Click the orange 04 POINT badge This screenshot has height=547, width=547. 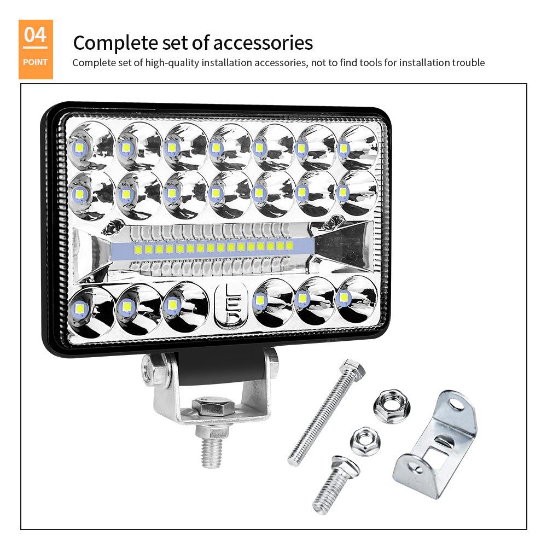click(36, 49)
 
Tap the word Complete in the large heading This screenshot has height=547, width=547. click(112, 43)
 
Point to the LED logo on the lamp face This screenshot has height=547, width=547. click(231, 306)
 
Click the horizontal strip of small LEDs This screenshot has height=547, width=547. click(213, 248)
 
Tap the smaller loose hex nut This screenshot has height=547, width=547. click(363, 440)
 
